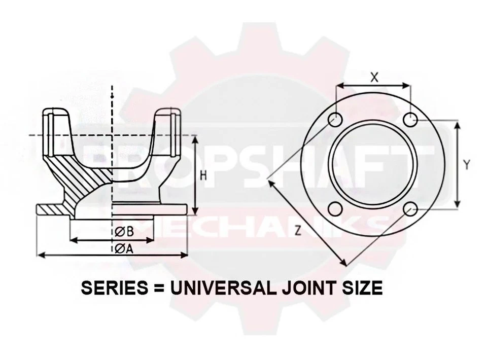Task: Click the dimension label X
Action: coord(374,77)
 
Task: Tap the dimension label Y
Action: coord(467,164)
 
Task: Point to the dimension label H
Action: coord(203,175)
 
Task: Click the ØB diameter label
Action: coord(124,231)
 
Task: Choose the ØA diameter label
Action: coord(124,248)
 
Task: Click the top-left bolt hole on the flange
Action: coord(335,120)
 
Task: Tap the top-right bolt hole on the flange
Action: coord(410,120)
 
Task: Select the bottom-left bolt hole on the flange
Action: coord(335,209)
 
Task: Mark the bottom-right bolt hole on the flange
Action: coord(411,209)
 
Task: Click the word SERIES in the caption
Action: coord(112,288)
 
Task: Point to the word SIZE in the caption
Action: coord(362,288)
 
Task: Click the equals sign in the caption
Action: coord(157,288)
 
